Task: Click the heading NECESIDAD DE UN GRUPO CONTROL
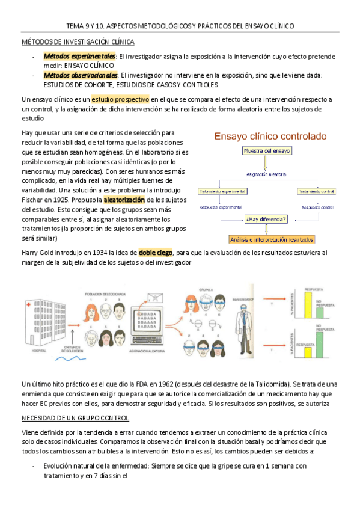75,418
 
